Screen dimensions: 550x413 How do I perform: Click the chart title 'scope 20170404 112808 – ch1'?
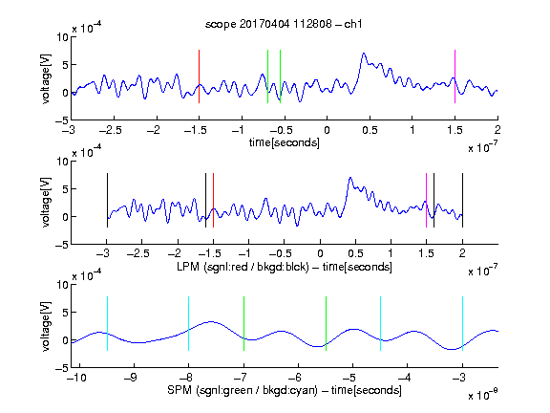pos(284,24)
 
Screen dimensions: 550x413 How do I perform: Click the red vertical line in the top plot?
pos(199,76)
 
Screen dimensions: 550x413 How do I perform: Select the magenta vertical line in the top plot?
pos(455,76)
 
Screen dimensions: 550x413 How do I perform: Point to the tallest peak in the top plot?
pos(364,54)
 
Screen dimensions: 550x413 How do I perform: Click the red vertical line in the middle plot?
pos(213,200)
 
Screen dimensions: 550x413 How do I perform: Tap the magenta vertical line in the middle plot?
pos(426,200)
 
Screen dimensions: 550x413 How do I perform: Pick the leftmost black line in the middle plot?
pos(107,200)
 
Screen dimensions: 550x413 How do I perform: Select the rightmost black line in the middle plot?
pos(462,200)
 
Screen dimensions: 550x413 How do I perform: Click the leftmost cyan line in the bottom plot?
pos(107,323)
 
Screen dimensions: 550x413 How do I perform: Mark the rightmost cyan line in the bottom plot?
pos(462,323)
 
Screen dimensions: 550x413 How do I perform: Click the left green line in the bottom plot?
pos(243,323)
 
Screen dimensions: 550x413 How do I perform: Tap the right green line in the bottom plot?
pos(326,323)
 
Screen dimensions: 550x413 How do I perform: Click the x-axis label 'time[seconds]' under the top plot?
pos(285,142)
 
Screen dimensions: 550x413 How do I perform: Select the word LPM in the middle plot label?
pos(188,267)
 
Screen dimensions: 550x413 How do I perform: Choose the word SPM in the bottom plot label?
pos(180,390)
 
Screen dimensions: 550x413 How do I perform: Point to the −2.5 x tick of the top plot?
pos(111,130)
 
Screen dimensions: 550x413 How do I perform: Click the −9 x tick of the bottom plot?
pos(131,378)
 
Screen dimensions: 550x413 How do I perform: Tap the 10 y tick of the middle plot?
pos(63,162)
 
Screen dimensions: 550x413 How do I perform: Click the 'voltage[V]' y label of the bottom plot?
pos(46,326)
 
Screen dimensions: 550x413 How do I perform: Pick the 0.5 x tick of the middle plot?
pos(355,253)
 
